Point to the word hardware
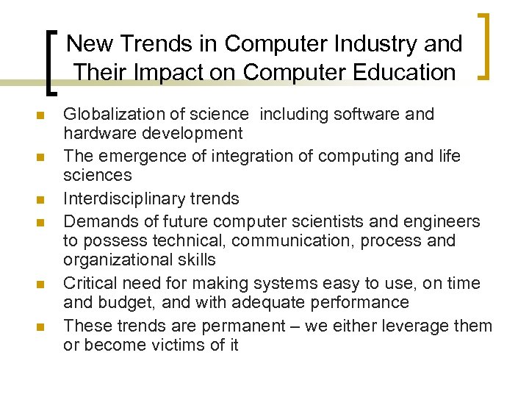[96, 133]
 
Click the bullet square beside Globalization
[41, 116]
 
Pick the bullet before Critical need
[41, 285]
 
